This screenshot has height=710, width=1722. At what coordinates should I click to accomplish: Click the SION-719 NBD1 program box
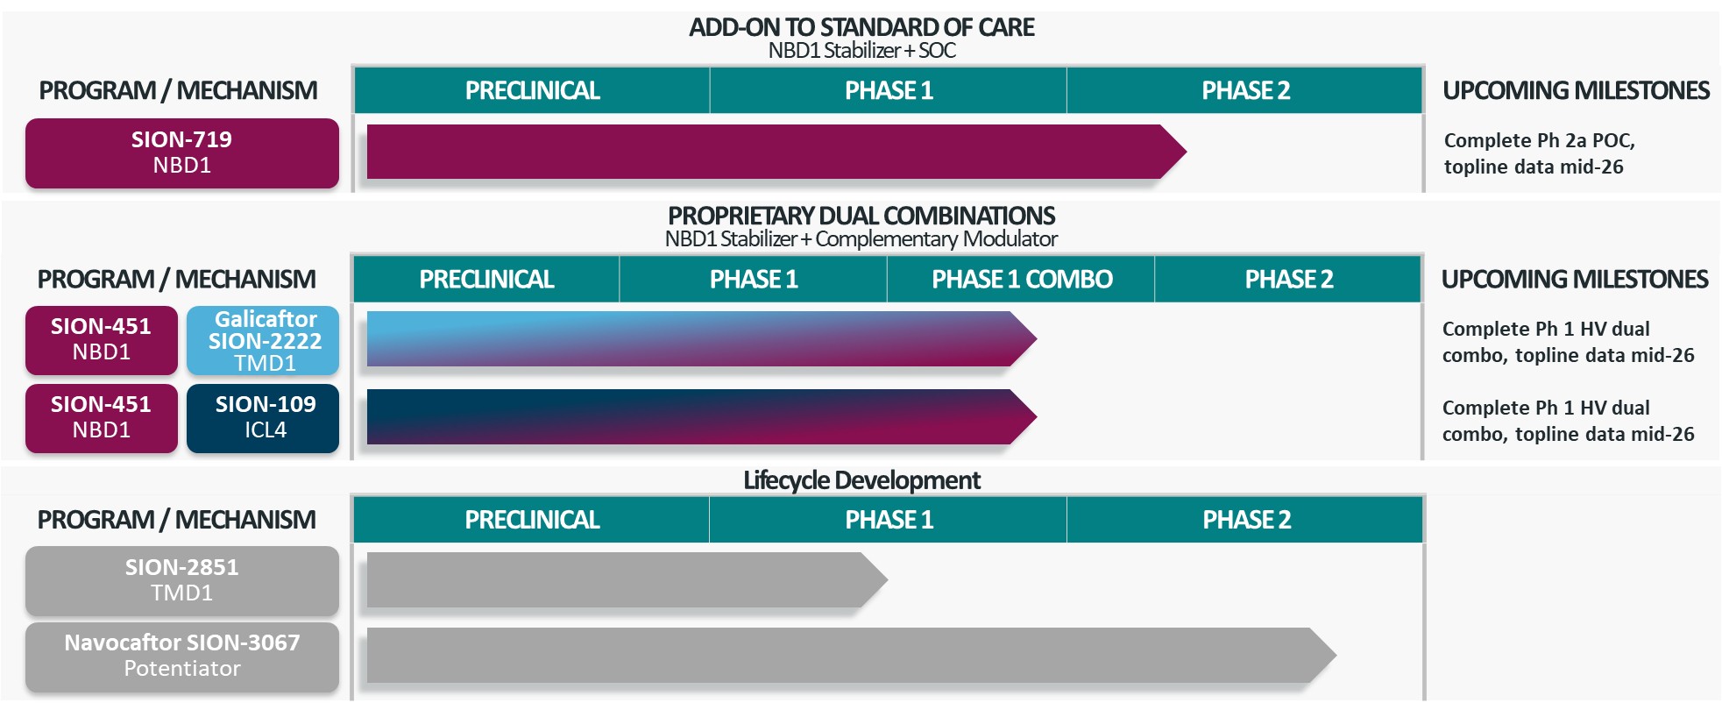(x=181, y=153)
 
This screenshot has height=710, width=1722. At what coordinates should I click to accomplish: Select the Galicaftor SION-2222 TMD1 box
(x=263, y=340)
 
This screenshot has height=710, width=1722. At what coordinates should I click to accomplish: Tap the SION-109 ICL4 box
(x=263, y=417)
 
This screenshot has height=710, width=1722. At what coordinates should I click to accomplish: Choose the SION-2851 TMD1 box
(x=181, y=580)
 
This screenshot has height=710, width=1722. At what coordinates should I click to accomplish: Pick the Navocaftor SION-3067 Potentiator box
(x=181, y=656)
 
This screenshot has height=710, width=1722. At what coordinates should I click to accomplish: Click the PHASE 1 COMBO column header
(x=1021, y=280)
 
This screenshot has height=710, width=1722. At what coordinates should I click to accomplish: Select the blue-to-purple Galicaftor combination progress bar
(x=692, y=338)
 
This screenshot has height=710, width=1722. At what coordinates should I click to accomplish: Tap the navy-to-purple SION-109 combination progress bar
(x=692, y=416)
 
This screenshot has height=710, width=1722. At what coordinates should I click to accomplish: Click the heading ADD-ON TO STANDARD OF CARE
(x=861, y=27)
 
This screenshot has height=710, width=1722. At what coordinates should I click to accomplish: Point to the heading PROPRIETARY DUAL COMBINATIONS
(x=861, y=216)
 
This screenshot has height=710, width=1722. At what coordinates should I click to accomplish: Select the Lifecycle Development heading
(x=861, y=480)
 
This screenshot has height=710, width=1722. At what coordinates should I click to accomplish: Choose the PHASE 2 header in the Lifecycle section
(x=1246, y=520)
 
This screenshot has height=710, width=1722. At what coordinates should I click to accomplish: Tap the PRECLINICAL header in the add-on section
(x=532, y=90)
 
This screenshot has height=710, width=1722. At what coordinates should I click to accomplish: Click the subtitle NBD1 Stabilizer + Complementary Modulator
(x=861, y=238)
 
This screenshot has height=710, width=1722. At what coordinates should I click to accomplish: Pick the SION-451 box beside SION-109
(x=101, y=417)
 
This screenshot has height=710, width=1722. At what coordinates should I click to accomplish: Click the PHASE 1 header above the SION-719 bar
(x=889, y=90)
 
